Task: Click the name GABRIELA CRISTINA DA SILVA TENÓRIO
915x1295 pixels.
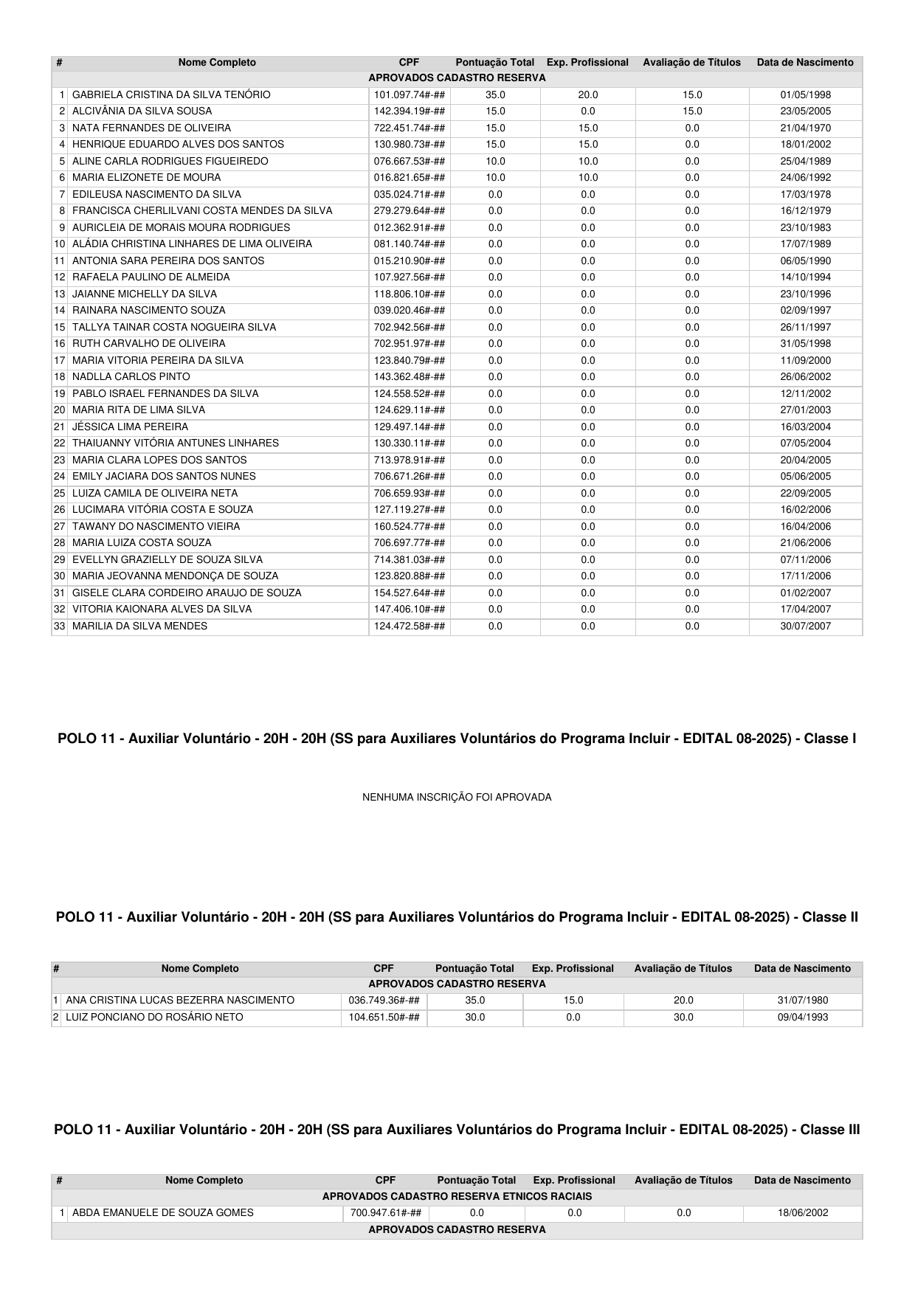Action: [171, 94]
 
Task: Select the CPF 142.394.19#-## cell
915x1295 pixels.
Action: [409, 111]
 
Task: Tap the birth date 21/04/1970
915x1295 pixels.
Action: [805, 128]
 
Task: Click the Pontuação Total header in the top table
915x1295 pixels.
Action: [494, 63]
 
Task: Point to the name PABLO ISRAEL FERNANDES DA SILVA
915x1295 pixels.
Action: [165, 394]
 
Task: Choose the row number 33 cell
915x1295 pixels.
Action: [60, 626]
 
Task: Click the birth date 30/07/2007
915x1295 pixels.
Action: [805, 626]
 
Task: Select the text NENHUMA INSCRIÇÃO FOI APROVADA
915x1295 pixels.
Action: [457, 797]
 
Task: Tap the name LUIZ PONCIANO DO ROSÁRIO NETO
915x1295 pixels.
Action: [154, 1018]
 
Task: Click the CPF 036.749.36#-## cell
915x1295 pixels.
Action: [384, 1001]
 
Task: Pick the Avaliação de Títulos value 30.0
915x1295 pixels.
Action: [683, 1018]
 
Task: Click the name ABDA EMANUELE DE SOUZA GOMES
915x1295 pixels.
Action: [162, 1212]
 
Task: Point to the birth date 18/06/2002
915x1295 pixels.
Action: [803, 1212]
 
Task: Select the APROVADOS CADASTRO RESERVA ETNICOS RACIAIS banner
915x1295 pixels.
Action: [457, 1196]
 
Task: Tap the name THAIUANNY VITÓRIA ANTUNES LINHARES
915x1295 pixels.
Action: [176, 443]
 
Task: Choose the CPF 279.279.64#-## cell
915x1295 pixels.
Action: [409, 211]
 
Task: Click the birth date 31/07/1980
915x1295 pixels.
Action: [803, 1001]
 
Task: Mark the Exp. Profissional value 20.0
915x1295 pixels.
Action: [587, 94]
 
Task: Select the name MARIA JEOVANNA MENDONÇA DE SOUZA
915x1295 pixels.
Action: [175, 576]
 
